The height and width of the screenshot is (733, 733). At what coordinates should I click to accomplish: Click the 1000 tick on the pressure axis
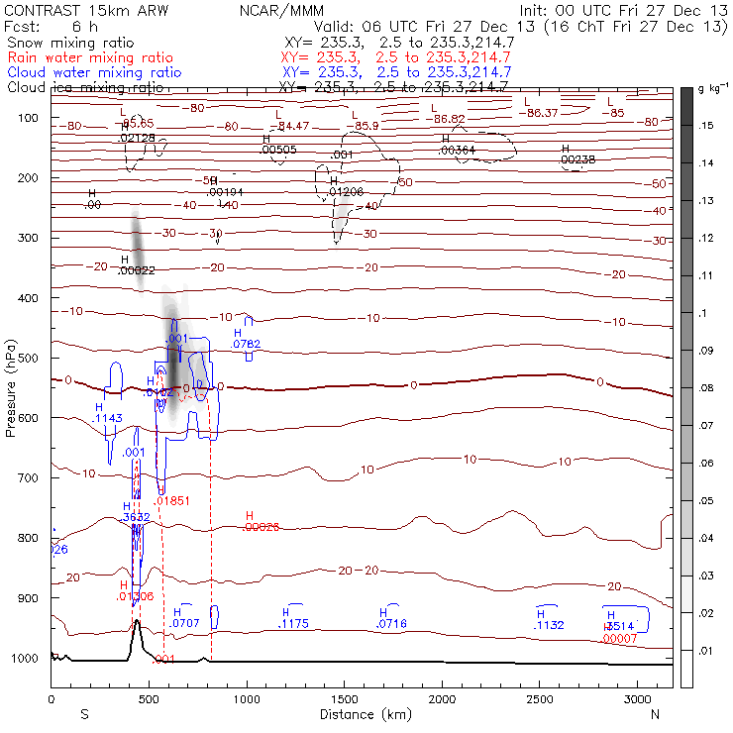point(28,659)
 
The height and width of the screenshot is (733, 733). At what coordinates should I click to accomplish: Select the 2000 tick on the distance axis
point(442,699)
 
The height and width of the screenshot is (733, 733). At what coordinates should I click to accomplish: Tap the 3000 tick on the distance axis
point(638,699)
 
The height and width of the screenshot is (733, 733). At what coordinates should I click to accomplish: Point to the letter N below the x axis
point(655,714)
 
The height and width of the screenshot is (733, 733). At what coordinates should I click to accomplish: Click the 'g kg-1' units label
point(708,90)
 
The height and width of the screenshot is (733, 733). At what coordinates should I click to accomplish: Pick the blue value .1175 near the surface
point(295,624)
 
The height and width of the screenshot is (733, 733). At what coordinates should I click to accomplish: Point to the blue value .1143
point(108,419)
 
